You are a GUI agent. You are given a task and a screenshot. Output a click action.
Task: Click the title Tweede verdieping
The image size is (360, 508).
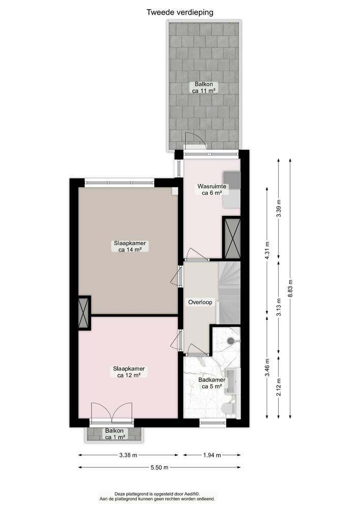180,12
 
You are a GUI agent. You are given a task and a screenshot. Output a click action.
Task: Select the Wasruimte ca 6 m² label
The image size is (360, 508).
212,189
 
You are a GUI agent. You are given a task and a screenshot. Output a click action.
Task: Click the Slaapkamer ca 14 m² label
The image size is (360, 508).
130,246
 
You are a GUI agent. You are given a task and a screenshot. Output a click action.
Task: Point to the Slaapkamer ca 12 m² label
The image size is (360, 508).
129,372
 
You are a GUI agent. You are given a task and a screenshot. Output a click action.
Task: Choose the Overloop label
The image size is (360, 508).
200,302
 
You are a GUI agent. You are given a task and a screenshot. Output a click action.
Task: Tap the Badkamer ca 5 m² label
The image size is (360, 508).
211,383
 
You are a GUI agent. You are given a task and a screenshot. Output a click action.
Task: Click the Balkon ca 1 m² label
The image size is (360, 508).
114,433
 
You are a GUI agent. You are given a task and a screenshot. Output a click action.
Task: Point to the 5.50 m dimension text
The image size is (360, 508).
159,467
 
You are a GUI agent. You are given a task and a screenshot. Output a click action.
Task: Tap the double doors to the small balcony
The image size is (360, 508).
111,412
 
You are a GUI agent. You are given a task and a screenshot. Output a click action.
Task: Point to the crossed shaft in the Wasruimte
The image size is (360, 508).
232,237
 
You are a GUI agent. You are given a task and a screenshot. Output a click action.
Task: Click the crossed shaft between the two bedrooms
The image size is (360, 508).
83,312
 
